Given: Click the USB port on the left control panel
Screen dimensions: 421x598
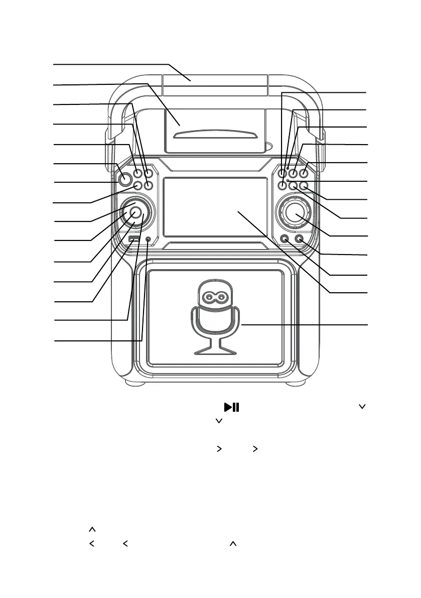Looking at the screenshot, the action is click(x=133, y=239).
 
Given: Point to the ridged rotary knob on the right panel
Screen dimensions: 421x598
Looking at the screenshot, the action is click(x=296, y=213).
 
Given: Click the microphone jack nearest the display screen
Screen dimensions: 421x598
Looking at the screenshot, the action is click(x=286, y=239).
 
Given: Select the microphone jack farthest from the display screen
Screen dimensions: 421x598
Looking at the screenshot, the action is click(x=300, y=239).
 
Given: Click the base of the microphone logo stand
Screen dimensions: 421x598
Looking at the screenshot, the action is click(x=215, y=349).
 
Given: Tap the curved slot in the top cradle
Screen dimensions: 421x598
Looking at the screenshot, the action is click(x=216, y=134).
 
